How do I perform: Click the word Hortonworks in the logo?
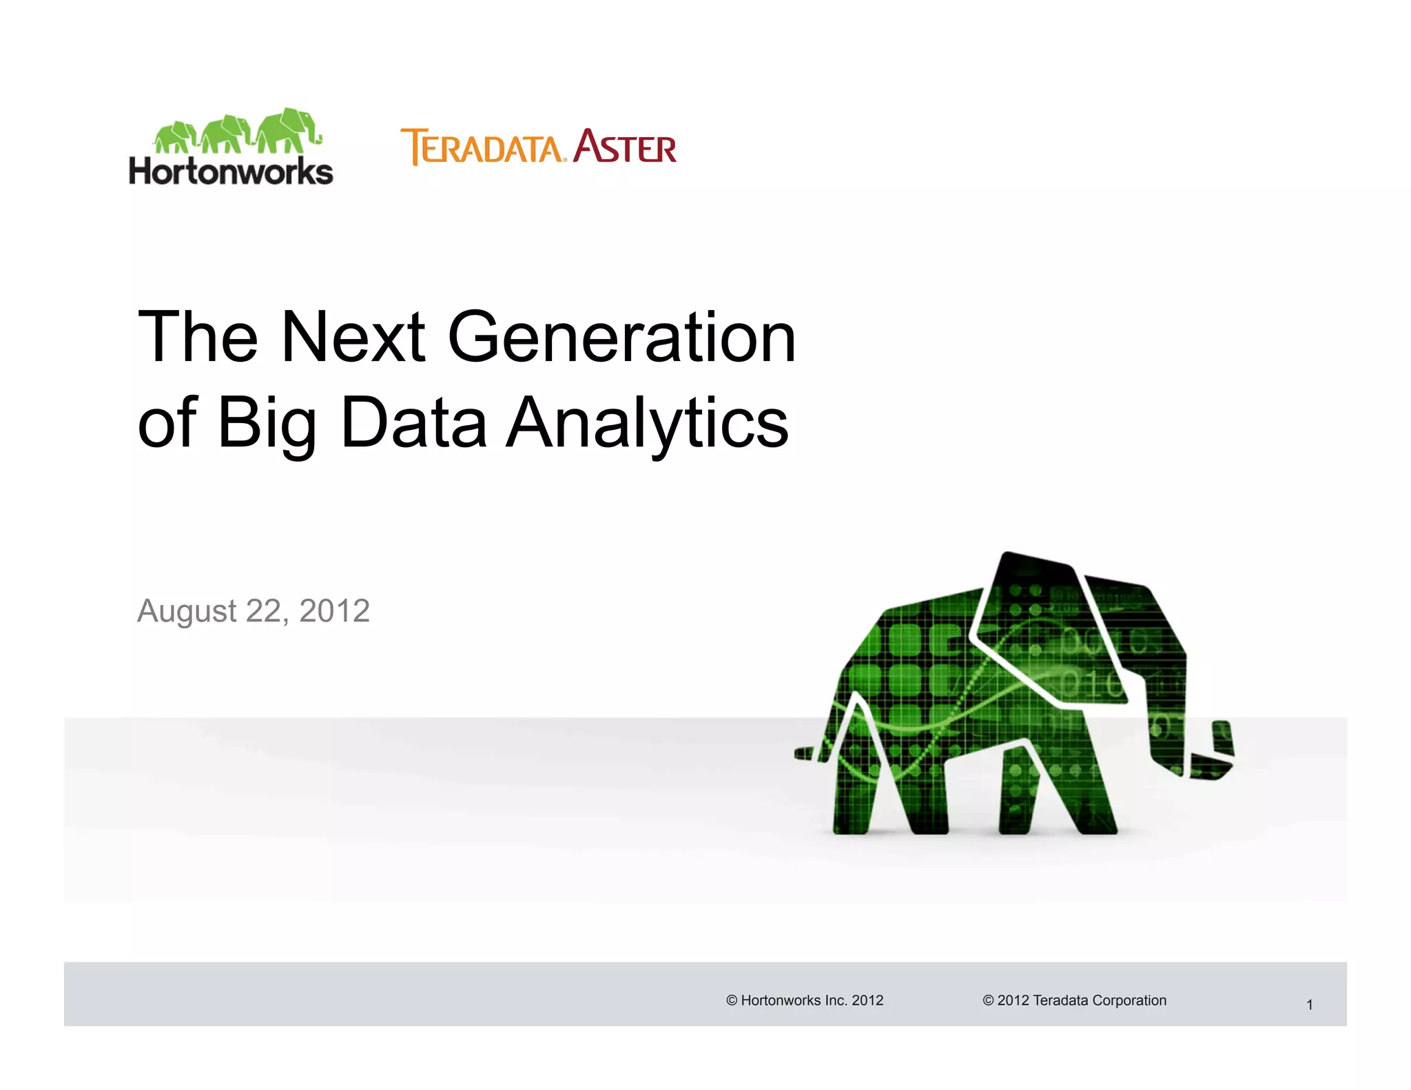(231, 172)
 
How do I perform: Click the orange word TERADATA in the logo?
(482, 147)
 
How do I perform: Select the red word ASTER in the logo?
(625, 147)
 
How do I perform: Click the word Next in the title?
(353, 337)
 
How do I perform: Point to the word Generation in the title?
(622, 337)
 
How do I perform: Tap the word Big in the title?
(267, 423)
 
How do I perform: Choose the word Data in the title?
(414, 422)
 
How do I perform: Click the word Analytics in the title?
(647, 423)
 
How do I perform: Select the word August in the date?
(187, 610)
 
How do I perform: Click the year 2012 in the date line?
(335, 610)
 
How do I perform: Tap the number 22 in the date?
(262, 610)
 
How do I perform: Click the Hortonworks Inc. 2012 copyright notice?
(805, 1000)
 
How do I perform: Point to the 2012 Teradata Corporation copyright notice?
(1075, 1000)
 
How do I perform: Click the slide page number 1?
(1310, 1005)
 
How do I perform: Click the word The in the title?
(198, 337)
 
